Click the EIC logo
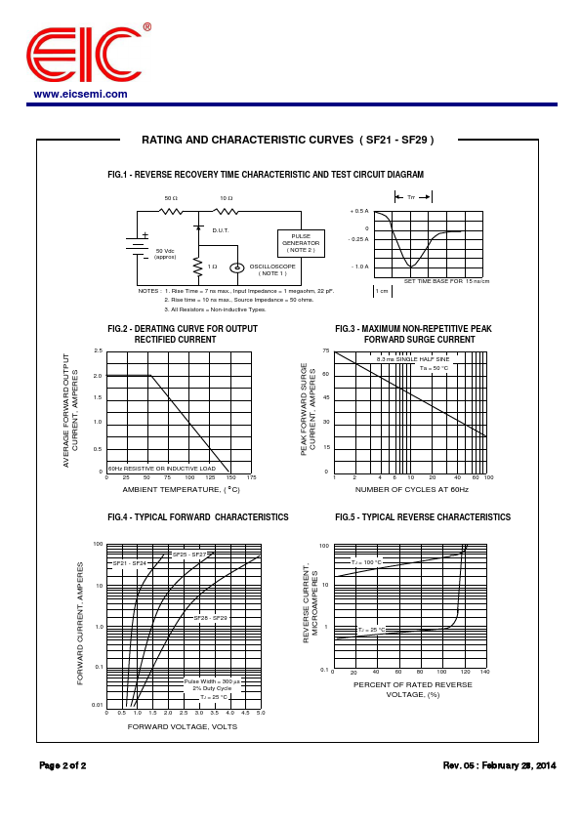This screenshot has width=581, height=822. (85, 55)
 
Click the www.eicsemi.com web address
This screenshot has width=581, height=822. (80, 95)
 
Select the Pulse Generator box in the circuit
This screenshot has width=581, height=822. (301, 242)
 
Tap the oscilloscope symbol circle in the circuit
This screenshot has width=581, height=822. (236, 267)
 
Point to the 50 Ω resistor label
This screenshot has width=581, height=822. (171, 198)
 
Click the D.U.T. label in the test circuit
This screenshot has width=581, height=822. (221, 230)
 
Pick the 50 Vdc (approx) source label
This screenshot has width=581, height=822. (165, 254)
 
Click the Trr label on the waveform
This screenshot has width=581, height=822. (411, 197)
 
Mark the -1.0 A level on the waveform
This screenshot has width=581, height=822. (360, 267)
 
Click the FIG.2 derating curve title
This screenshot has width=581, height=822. (183, 334)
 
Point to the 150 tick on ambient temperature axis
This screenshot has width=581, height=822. (228, 477)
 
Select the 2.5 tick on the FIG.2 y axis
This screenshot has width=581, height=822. (98, 350)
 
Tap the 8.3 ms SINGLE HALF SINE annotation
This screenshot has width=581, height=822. (413, 359)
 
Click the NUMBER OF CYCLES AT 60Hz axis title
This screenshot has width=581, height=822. (411, 489)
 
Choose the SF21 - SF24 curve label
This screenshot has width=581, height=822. (129, 563)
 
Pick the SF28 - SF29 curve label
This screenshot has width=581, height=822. (210, 618)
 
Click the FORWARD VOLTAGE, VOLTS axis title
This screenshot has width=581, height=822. (183, 726)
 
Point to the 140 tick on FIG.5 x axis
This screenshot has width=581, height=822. (484, 673)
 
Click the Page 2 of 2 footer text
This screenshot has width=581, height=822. (62, 765)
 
